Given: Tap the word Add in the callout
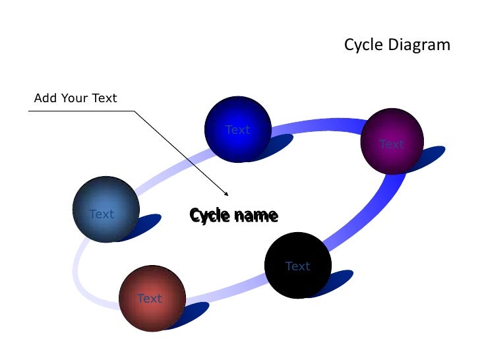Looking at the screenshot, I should point(45,99).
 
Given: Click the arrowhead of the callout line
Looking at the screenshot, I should point(226,194).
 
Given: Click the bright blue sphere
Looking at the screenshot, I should point(238,130).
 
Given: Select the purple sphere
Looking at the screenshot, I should point(392,141).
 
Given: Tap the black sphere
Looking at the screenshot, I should point(298,265).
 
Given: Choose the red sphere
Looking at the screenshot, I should point(152,299).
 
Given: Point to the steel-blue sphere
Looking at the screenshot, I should point(105,209).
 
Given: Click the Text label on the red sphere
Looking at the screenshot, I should point(150,299).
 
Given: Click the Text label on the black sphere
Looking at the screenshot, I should point(297,266).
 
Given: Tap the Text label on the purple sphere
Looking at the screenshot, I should point(392,144).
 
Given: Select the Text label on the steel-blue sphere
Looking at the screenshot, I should point(102,214).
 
